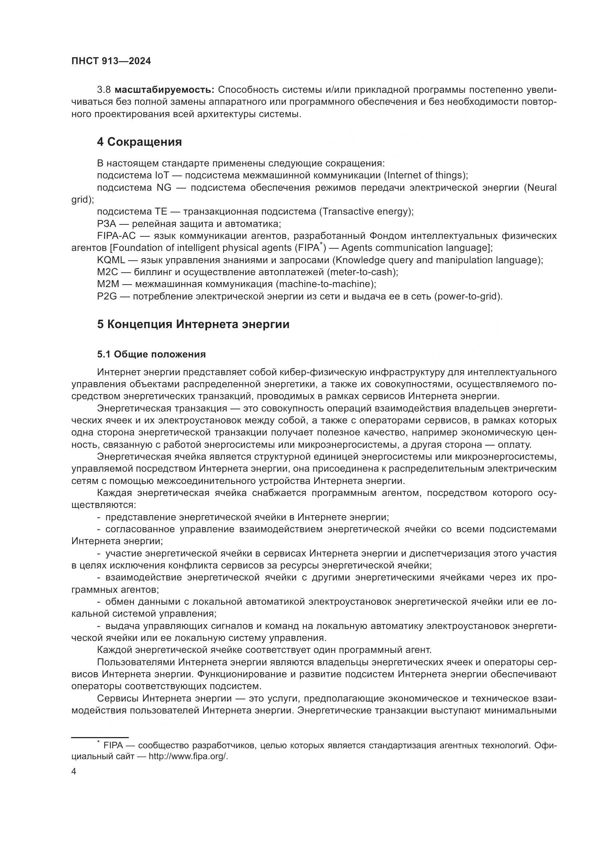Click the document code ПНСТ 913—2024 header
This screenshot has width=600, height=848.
point(111,61)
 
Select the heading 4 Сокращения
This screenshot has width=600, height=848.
point(139,142)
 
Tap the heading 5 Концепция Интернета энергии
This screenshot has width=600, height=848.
point(193,324)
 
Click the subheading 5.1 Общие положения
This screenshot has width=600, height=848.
point(152,355)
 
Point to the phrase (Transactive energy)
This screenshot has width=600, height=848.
point(366,212)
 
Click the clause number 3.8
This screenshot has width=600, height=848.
point(104,90)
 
